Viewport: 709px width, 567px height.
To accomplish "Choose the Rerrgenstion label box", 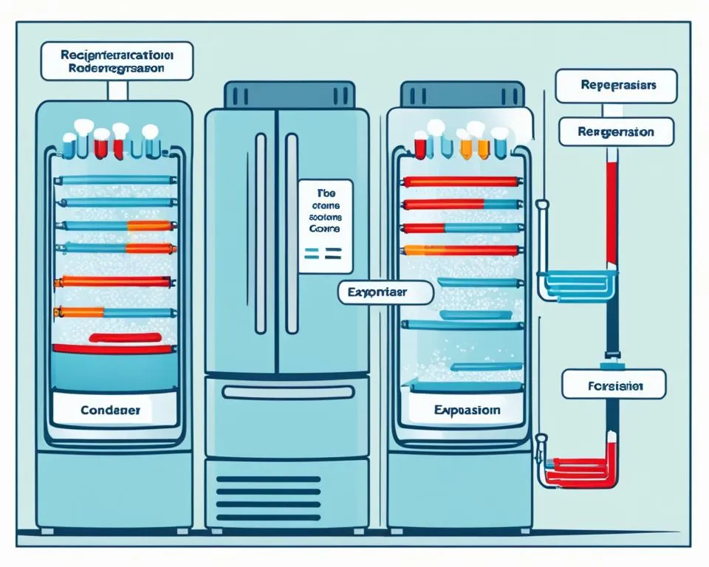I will click(606, 131).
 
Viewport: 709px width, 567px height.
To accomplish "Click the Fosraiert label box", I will click(612, 385).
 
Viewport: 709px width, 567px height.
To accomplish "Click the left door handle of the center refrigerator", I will click(261, 233).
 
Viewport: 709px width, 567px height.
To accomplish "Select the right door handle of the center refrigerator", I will click(292, 233).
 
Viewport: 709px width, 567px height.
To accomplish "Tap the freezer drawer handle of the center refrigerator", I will click(286, 393).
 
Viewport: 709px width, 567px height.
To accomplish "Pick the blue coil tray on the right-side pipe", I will click(576, 283).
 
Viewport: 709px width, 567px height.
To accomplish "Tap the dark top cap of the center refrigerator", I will click(286, 95).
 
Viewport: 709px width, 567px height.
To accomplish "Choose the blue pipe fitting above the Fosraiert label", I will click(612, 365).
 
